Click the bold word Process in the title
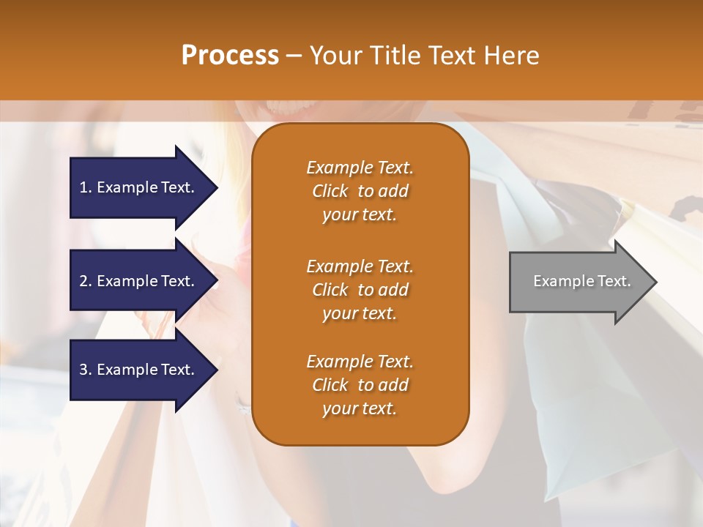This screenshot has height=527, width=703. point(230,56)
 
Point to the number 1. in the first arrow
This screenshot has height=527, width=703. point(86,187)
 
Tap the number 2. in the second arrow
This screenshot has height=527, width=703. point(86,281)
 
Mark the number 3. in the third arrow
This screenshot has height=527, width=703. point(86,370)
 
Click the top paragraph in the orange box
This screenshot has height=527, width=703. point(360,191)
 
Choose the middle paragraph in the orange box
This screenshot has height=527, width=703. point(360,290)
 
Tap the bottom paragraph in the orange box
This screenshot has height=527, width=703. point(360,385)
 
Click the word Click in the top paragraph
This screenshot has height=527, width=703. point(330,191)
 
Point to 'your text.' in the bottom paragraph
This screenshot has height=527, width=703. point(360,409)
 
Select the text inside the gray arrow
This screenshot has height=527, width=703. point(581,281)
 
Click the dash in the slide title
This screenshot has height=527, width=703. point(294,56)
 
